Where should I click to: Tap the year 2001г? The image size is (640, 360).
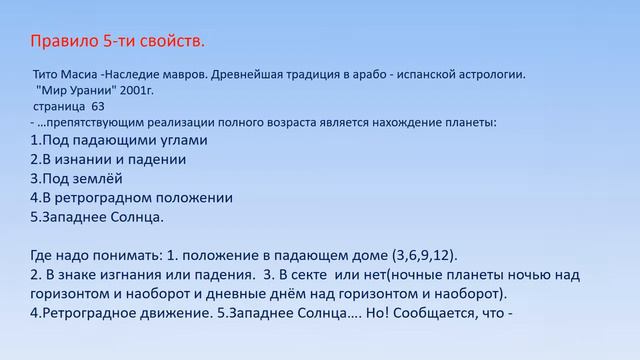[142, 90]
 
